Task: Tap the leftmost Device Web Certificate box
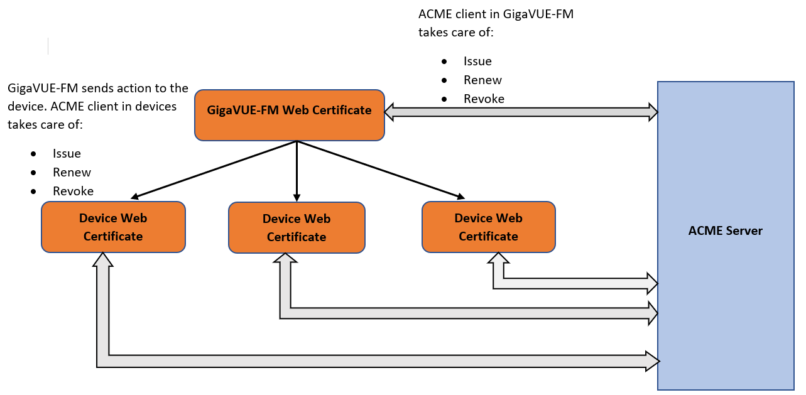tap(113, 227)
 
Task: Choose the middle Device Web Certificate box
tap(297, 227)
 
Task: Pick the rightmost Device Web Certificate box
tap(488, 227)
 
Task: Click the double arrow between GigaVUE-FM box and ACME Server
tap(521, 112)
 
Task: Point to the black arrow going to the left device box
tap(214, 170)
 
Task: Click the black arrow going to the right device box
tap(381, 170)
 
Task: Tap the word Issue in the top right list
tap(477, 61)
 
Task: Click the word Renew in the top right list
tap(482, 80)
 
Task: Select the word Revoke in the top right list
tap(484, 99)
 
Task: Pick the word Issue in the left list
tap(67, 153)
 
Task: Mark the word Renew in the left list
tap(72, 172)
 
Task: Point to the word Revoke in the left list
tap(73, 191)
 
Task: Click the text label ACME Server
tap(725, 230)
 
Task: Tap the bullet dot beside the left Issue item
tap(33, 154)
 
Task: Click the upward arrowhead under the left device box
tap(104, 259)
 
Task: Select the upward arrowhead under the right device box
tap(499, 259)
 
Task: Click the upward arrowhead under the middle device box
tap(286, 260)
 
